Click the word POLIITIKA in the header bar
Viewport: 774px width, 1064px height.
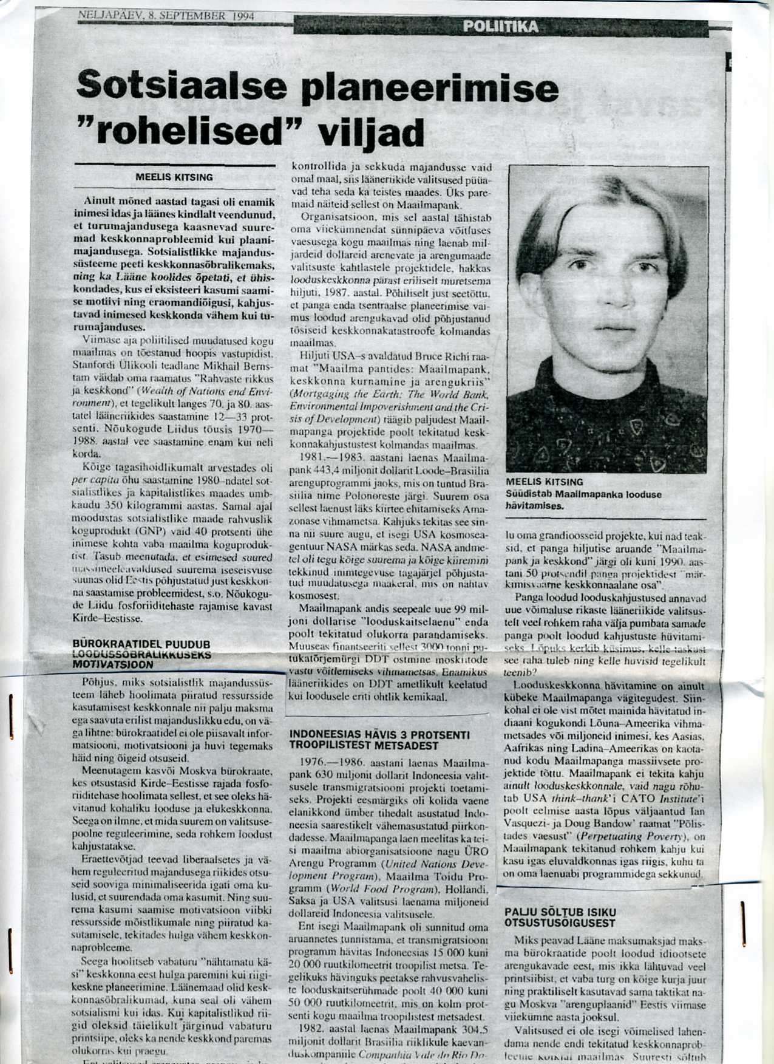point(500,27)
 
